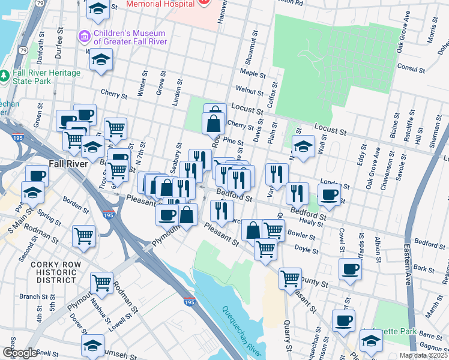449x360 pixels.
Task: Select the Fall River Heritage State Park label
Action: pyautogui.click(x=47, y=77)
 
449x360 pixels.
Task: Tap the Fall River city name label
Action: pyautogui.click(x=67, y=164)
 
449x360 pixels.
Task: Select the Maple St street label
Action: pyautogui.click(x=252, y=73)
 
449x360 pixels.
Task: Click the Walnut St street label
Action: pyautogui.click(x=250, y=91)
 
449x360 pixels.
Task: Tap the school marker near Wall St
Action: pyautogui.click(x=304, y=146)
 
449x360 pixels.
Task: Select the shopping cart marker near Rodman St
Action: pyautogui.click(x=101, y=283)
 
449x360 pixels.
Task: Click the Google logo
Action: pyautogui.click(x=19, y=353)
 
